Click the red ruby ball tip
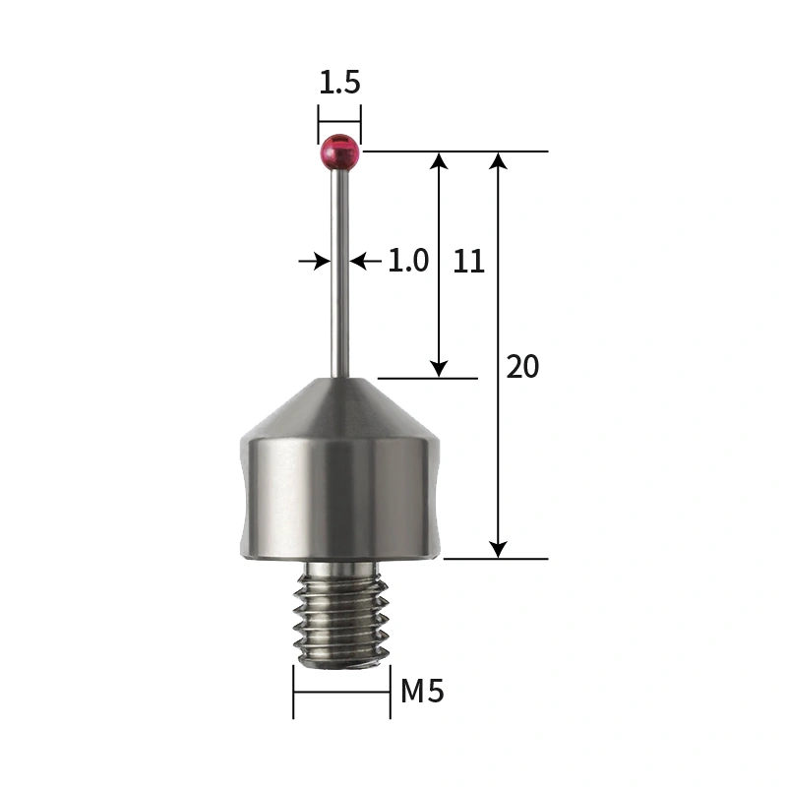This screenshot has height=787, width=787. coord(339,152)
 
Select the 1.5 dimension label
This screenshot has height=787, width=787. coord(339,83)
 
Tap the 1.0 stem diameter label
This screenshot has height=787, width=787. coord(407,261)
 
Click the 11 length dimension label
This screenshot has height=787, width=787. coord(469,261)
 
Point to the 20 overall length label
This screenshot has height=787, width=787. coord(522,367)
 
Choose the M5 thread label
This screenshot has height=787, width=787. coord(422,692)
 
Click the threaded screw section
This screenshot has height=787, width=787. coord(341,618)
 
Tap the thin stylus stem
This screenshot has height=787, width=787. coord(339,275)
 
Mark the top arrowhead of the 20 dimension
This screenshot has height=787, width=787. coord(499,161)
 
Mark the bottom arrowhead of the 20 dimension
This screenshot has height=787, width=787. coord(499,549)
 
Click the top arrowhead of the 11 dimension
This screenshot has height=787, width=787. coord(439,161)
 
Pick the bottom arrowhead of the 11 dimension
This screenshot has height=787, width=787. coord(439,368)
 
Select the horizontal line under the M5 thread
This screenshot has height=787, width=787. coord(341,692)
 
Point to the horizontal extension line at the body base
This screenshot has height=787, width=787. coord(496,559)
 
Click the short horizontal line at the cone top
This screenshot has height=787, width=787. coord(428,378)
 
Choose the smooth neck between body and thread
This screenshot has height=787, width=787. coord(340,568)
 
